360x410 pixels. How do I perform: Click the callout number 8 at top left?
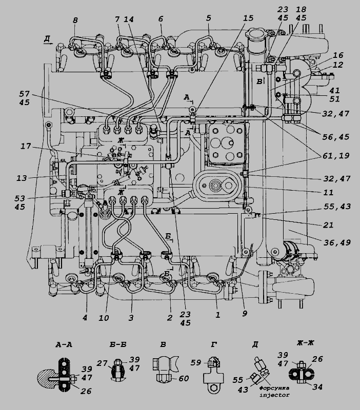coord(75,20)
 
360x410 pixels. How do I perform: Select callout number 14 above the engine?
coord(128,19)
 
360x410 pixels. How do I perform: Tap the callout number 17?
coord(26,146)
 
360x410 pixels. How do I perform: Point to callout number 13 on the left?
coord(22,178)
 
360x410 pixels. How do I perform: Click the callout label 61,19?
coord(336,156)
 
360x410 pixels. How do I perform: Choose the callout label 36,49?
coord(337,242)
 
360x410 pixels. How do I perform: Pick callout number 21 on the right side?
coord(329,225)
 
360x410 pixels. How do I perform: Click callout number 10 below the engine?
coord(104,318)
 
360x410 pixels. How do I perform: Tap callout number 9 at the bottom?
coord(245,314)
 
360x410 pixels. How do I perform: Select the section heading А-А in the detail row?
coord(64,345)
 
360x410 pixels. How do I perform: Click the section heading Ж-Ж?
coord(305,343)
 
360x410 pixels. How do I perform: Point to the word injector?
coord(274,395)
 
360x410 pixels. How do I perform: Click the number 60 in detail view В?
coord(184,378)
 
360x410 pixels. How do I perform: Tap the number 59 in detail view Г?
coord(196,363)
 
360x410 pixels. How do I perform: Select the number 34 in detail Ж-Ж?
coord(317,387)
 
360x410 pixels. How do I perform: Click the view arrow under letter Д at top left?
coord(48,44)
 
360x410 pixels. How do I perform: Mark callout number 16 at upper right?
coord(338,55)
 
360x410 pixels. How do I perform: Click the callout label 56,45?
coord(336,137)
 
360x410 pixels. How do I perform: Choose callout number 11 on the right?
coord(329,193)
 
